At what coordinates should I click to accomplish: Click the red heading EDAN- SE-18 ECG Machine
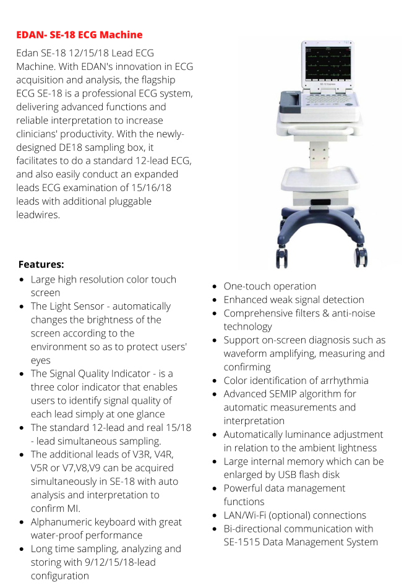(79, 35)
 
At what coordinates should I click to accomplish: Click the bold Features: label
(41, 264)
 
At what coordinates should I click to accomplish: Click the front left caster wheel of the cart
(281, 257)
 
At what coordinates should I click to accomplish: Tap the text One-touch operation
(270, 286)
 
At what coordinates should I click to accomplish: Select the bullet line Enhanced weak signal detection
(294, 300)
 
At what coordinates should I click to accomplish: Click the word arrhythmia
(337, 380)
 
